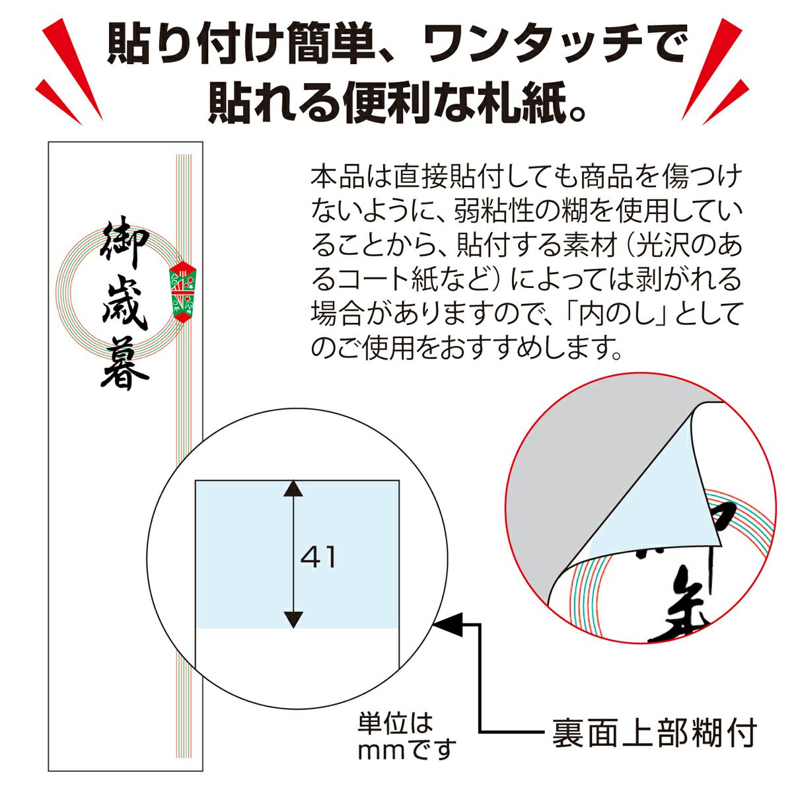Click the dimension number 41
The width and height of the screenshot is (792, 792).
(x=318, y=557)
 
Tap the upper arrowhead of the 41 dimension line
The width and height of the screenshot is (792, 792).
(x=293, y=488)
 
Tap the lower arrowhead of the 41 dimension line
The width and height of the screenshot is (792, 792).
(x=293, y=619)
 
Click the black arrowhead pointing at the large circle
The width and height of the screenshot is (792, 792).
(x=448, y=624)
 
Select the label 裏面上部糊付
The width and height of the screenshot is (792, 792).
(x=654, y=733)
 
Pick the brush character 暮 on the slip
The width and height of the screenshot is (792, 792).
(x=125, y=362)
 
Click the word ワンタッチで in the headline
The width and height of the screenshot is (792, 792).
(x=555, y=44)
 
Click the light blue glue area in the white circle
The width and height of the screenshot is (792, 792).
(x=297, y=554)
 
